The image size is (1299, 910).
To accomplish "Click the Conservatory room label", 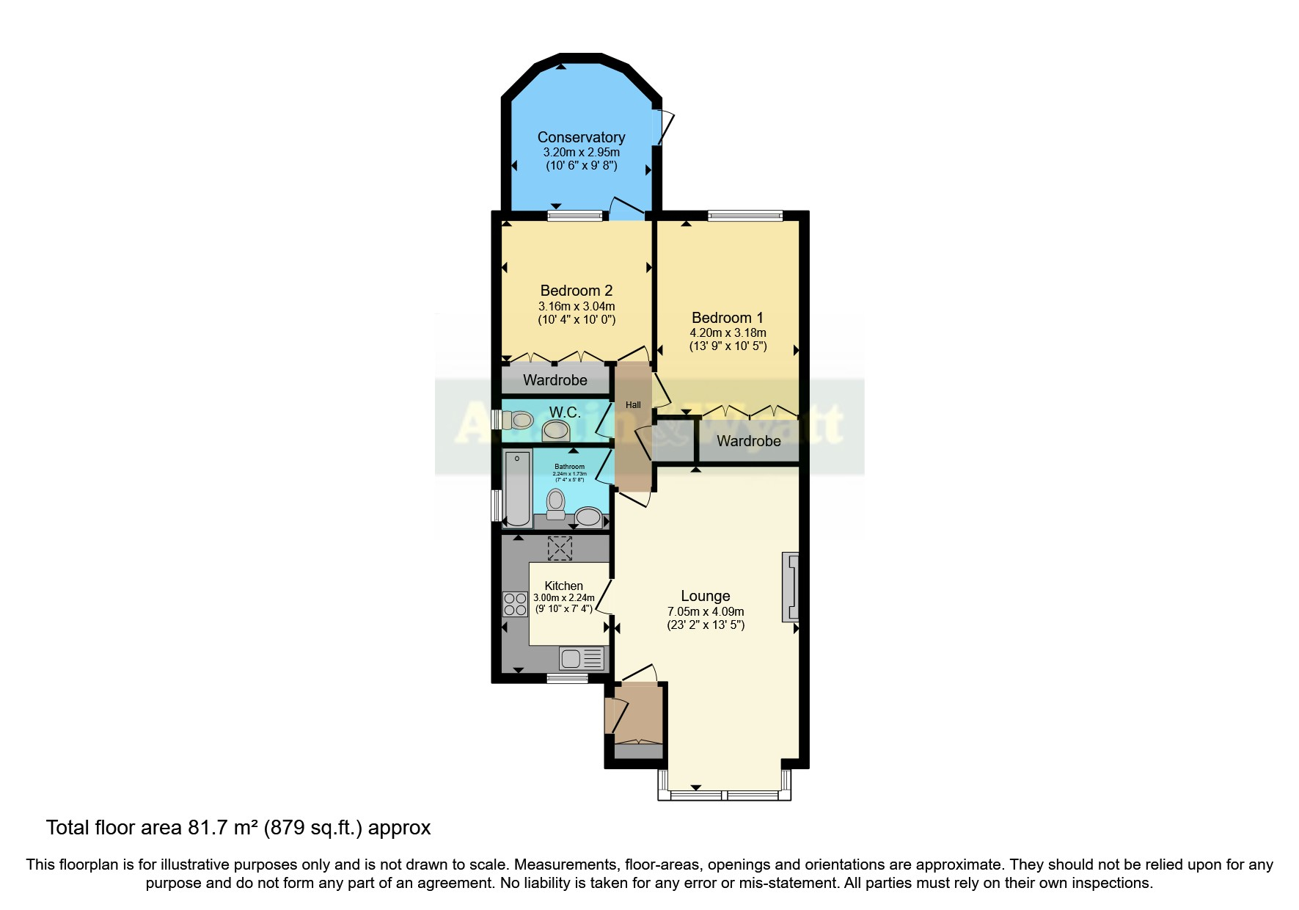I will (581, 137).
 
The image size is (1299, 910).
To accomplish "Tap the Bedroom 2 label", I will (576, 291).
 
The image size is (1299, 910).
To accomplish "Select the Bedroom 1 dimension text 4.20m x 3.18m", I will (728, 332).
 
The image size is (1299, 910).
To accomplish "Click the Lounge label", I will (705, 596).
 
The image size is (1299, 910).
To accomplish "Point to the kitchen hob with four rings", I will (516, 604).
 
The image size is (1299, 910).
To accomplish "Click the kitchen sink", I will (582, 658).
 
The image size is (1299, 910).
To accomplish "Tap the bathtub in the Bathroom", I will (519, 487).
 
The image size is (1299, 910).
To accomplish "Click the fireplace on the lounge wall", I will (791, 586).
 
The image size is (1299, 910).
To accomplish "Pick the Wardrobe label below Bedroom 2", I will (555, 380).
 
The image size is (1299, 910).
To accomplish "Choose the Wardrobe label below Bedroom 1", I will (748, 441).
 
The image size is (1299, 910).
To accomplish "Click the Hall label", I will (633, 405).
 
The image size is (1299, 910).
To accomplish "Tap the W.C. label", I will (565, 412).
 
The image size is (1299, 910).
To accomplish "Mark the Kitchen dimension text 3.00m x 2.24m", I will (563, 598).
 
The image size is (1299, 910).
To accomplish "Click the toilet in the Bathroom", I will (556, 504).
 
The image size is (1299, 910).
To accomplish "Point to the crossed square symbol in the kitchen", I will (560, 548).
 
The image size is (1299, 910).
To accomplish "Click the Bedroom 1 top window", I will (744, 216).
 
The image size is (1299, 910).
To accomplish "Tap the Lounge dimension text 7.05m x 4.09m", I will (705, 611).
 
